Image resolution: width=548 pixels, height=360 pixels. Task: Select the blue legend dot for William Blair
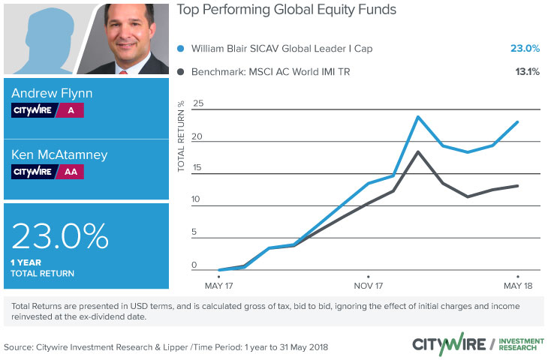click(181, 49)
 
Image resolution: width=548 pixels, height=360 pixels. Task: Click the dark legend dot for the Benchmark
click(181, 73)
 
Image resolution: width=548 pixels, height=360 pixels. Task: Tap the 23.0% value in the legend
click(519, 49)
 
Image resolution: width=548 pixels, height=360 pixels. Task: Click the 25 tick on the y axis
click(198, 104)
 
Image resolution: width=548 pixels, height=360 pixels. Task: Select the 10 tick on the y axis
click(197, 199)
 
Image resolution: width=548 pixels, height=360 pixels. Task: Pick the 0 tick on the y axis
click(194, 265)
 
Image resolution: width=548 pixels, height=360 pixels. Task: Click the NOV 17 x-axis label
click(368, 286)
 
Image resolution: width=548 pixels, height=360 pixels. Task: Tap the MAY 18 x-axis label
click(517, 286)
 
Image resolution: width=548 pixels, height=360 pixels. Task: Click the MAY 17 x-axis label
click(218, 286)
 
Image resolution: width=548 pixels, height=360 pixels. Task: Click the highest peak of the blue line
click(417, 117)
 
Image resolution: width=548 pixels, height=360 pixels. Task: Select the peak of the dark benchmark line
click(417, 152)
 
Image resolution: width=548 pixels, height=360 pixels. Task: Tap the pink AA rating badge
click(71, 172)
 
